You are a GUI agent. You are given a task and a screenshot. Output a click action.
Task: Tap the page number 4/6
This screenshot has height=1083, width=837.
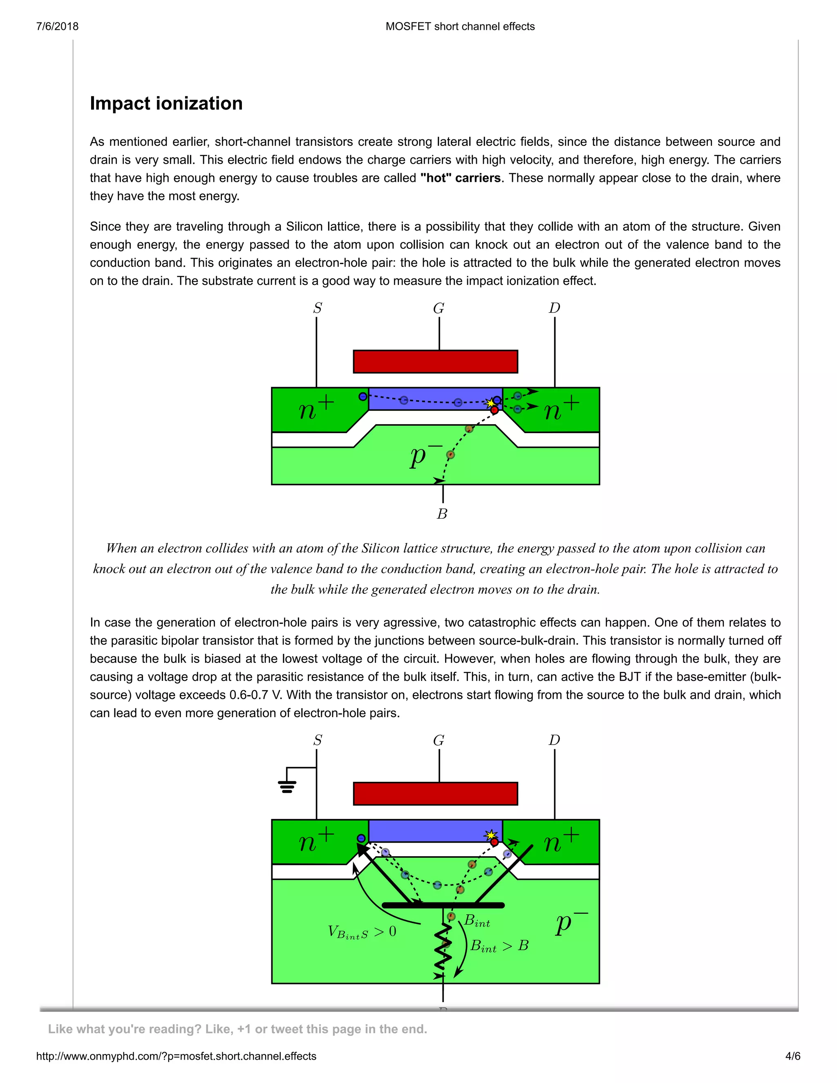[792, 1056]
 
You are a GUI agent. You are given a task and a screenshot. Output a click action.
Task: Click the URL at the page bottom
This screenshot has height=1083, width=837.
[176, 1056]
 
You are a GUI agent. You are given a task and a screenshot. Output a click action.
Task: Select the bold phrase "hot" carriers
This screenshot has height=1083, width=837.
[460, 178]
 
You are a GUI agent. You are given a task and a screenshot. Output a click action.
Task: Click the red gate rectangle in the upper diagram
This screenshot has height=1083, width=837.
[435, 362]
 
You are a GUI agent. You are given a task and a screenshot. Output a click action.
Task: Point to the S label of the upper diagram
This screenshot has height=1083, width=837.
[317, 309]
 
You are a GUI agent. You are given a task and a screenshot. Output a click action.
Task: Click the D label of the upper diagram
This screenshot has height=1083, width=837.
[554, 309]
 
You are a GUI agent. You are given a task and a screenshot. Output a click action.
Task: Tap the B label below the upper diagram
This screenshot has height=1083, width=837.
[442, 514]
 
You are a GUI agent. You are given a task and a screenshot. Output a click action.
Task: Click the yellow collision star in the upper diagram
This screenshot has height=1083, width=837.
[490, 403]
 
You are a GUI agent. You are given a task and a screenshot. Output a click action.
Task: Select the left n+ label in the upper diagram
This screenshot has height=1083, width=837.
[316, 409]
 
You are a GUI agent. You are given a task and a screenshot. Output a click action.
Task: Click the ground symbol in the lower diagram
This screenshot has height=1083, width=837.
[287, 786]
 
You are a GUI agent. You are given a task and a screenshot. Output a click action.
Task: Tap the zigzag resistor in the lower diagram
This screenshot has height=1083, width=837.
[443, 949]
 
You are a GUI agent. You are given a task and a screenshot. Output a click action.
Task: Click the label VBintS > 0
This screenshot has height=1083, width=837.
[362, 932]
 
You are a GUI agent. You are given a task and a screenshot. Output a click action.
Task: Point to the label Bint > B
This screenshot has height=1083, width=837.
[499, 946]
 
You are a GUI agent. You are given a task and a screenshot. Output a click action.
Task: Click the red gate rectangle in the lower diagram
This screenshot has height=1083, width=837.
[435, 793]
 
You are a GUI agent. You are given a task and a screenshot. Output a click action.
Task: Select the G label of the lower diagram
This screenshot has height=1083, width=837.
[439, 741]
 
